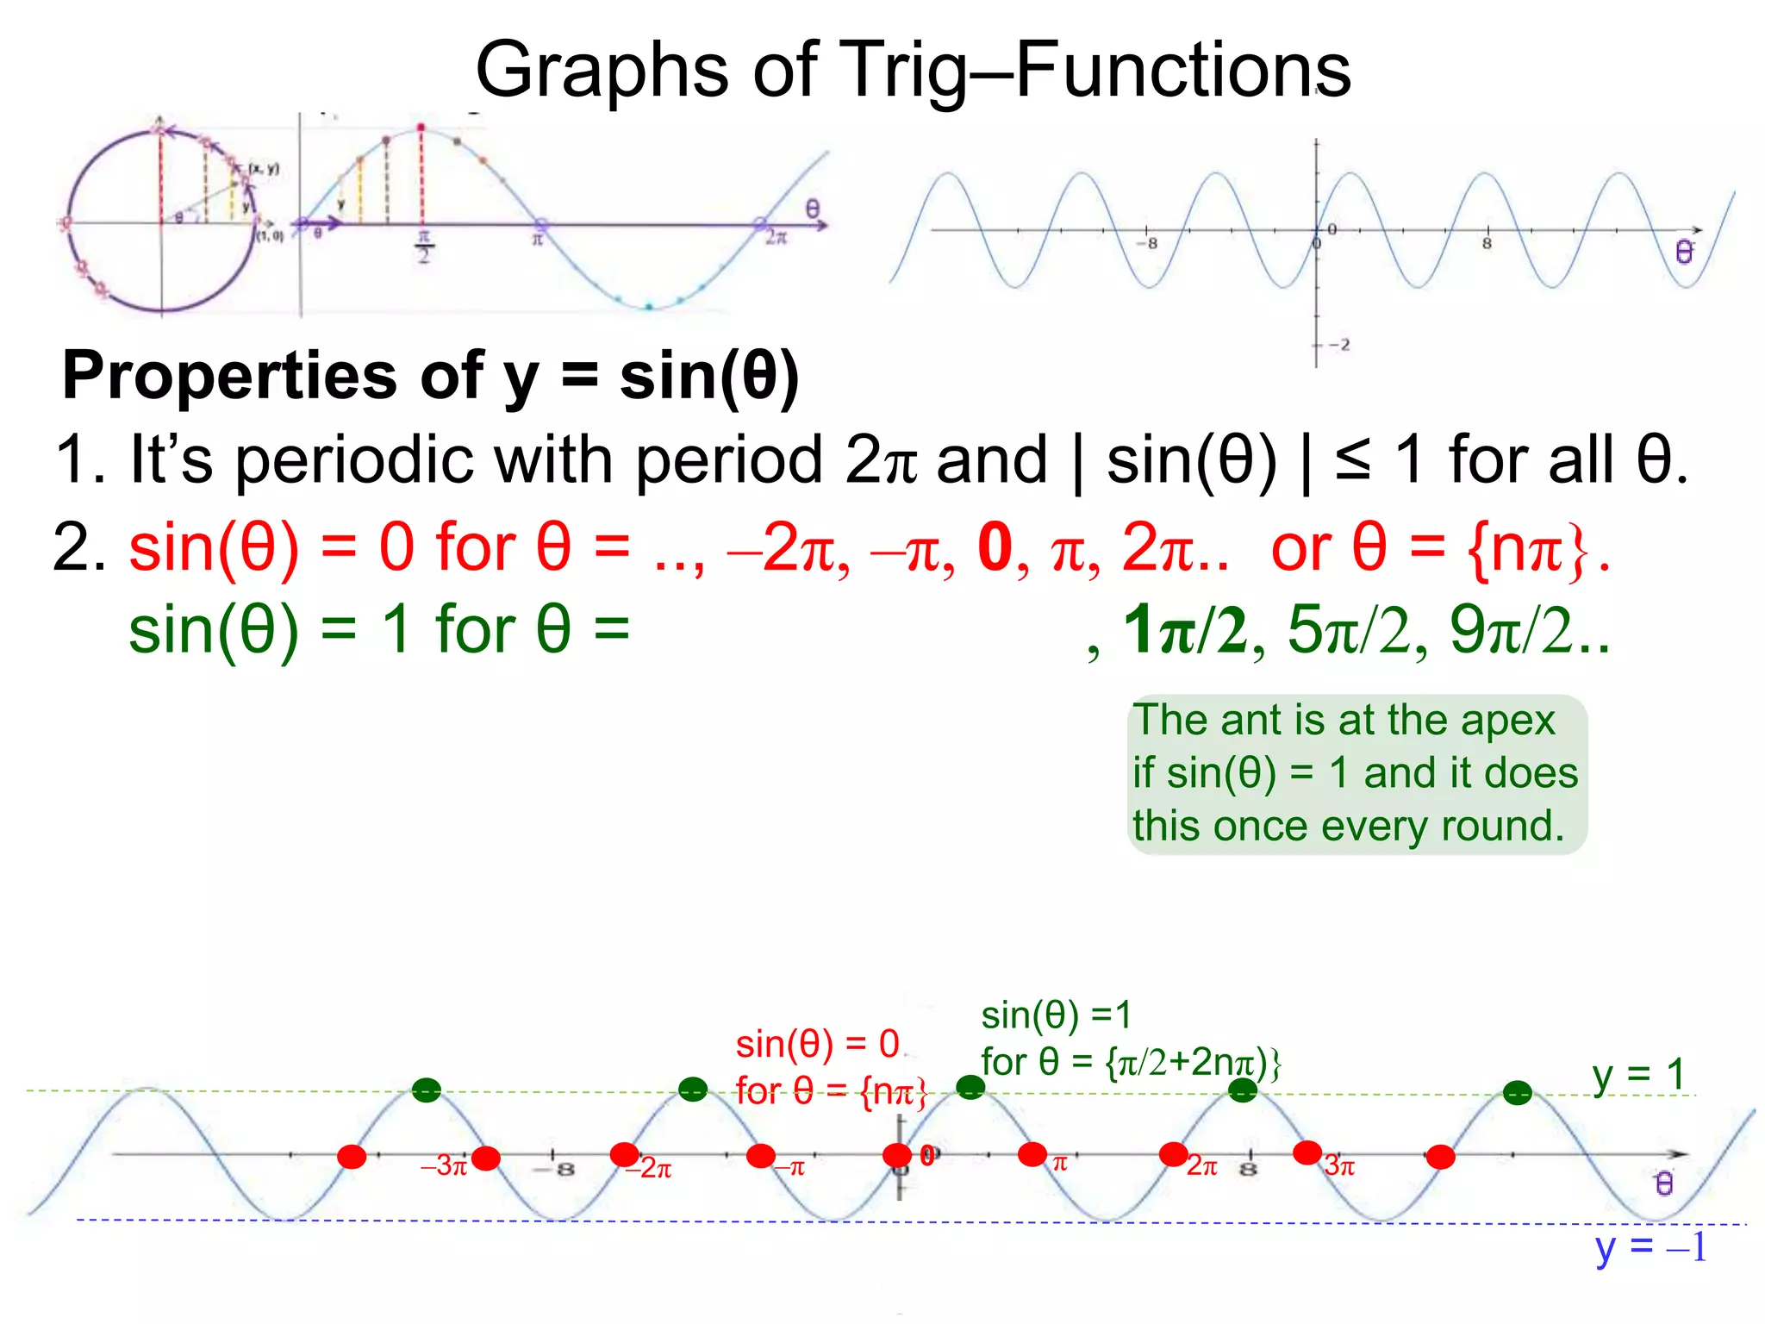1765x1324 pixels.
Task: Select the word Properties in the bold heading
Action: pyautogui.click(x=231, y=376)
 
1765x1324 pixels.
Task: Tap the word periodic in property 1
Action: pyautogui.click(x=354, y=460)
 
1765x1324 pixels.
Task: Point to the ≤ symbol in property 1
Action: pyautogui.click(x=1352, y=459)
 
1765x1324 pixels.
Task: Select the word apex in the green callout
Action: pyautogui.click(x=1507, y=720)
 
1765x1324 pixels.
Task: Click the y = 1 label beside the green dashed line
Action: pyautogui.click(x=1638, y=1075)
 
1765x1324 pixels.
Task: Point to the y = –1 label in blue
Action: pyautogui.click(x=1650, y=1247)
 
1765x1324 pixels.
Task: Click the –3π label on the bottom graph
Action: pyautogui.click(x=443, y=1166)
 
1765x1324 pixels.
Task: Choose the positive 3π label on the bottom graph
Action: pyautogui.click(x=1340, y=1166)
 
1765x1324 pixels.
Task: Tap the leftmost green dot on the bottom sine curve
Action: pyautogui.click(x=426, y=1090)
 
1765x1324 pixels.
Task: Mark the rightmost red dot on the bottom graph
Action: pyautogui.click(x=1440, y=1157)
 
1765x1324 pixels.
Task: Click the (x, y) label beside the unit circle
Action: pyautogui.click(x=263, y=168)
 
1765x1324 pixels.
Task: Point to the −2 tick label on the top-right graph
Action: pyautogui.click(x=1338, y=345)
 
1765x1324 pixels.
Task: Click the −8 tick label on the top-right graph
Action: pyautogui.click(x=1147, y=244)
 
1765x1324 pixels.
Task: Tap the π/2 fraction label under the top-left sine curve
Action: pyautogui.click(x=423, y=247)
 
